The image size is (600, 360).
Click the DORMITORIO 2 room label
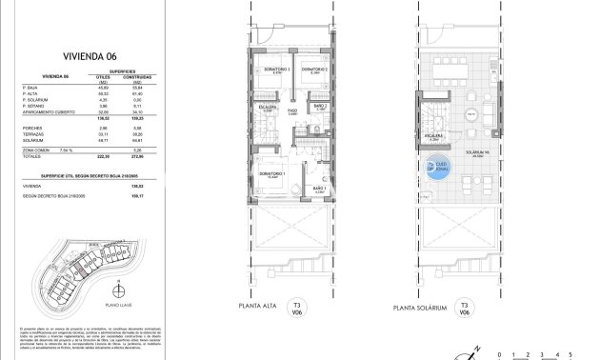314,70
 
